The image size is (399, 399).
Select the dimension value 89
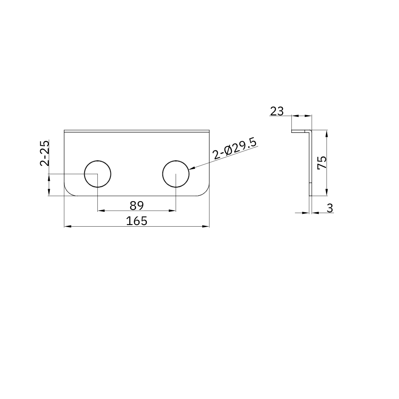tap(136, 205)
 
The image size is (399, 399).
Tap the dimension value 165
tap(136, 221)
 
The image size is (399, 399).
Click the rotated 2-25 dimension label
tap(45, 153)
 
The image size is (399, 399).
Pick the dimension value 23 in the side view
tap(277, 111)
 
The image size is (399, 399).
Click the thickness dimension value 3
tap(330, 208)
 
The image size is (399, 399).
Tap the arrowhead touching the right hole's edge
tap(192, 168)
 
